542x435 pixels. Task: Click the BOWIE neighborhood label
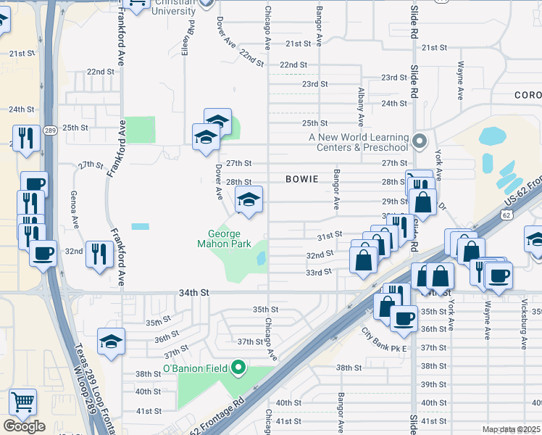point(301,178)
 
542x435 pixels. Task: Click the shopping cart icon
point(23,401)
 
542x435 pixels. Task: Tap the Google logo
point(24,426)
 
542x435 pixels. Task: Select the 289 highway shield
point(49,131)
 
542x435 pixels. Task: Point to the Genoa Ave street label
point(74,207)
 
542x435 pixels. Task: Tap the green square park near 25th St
point(140,129)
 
